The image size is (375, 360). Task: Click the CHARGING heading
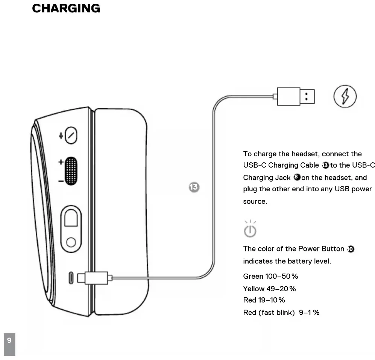[x=66, y=8]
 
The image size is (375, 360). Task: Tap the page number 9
[x=9, y=340]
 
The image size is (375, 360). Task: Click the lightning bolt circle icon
[x=345, y=97]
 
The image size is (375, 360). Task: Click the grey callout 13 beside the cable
[x=194, y=187]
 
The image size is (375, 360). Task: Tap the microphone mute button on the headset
[x=71, y=135]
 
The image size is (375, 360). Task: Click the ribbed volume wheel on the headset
[x=71, y=171]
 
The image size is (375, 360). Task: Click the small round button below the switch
[x=71, y=242]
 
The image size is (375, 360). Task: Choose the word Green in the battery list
[x=253, y=277]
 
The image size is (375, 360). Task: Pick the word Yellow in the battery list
[x=254, y=289]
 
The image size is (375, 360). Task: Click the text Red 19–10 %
[x=264, y=300]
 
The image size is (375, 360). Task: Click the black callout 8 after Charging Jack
[x=296, y=177]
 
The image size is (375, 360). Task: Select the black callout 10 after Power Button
[x=351, y=249]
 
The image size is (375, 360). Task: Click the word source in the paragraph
[x=255, y=201]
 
